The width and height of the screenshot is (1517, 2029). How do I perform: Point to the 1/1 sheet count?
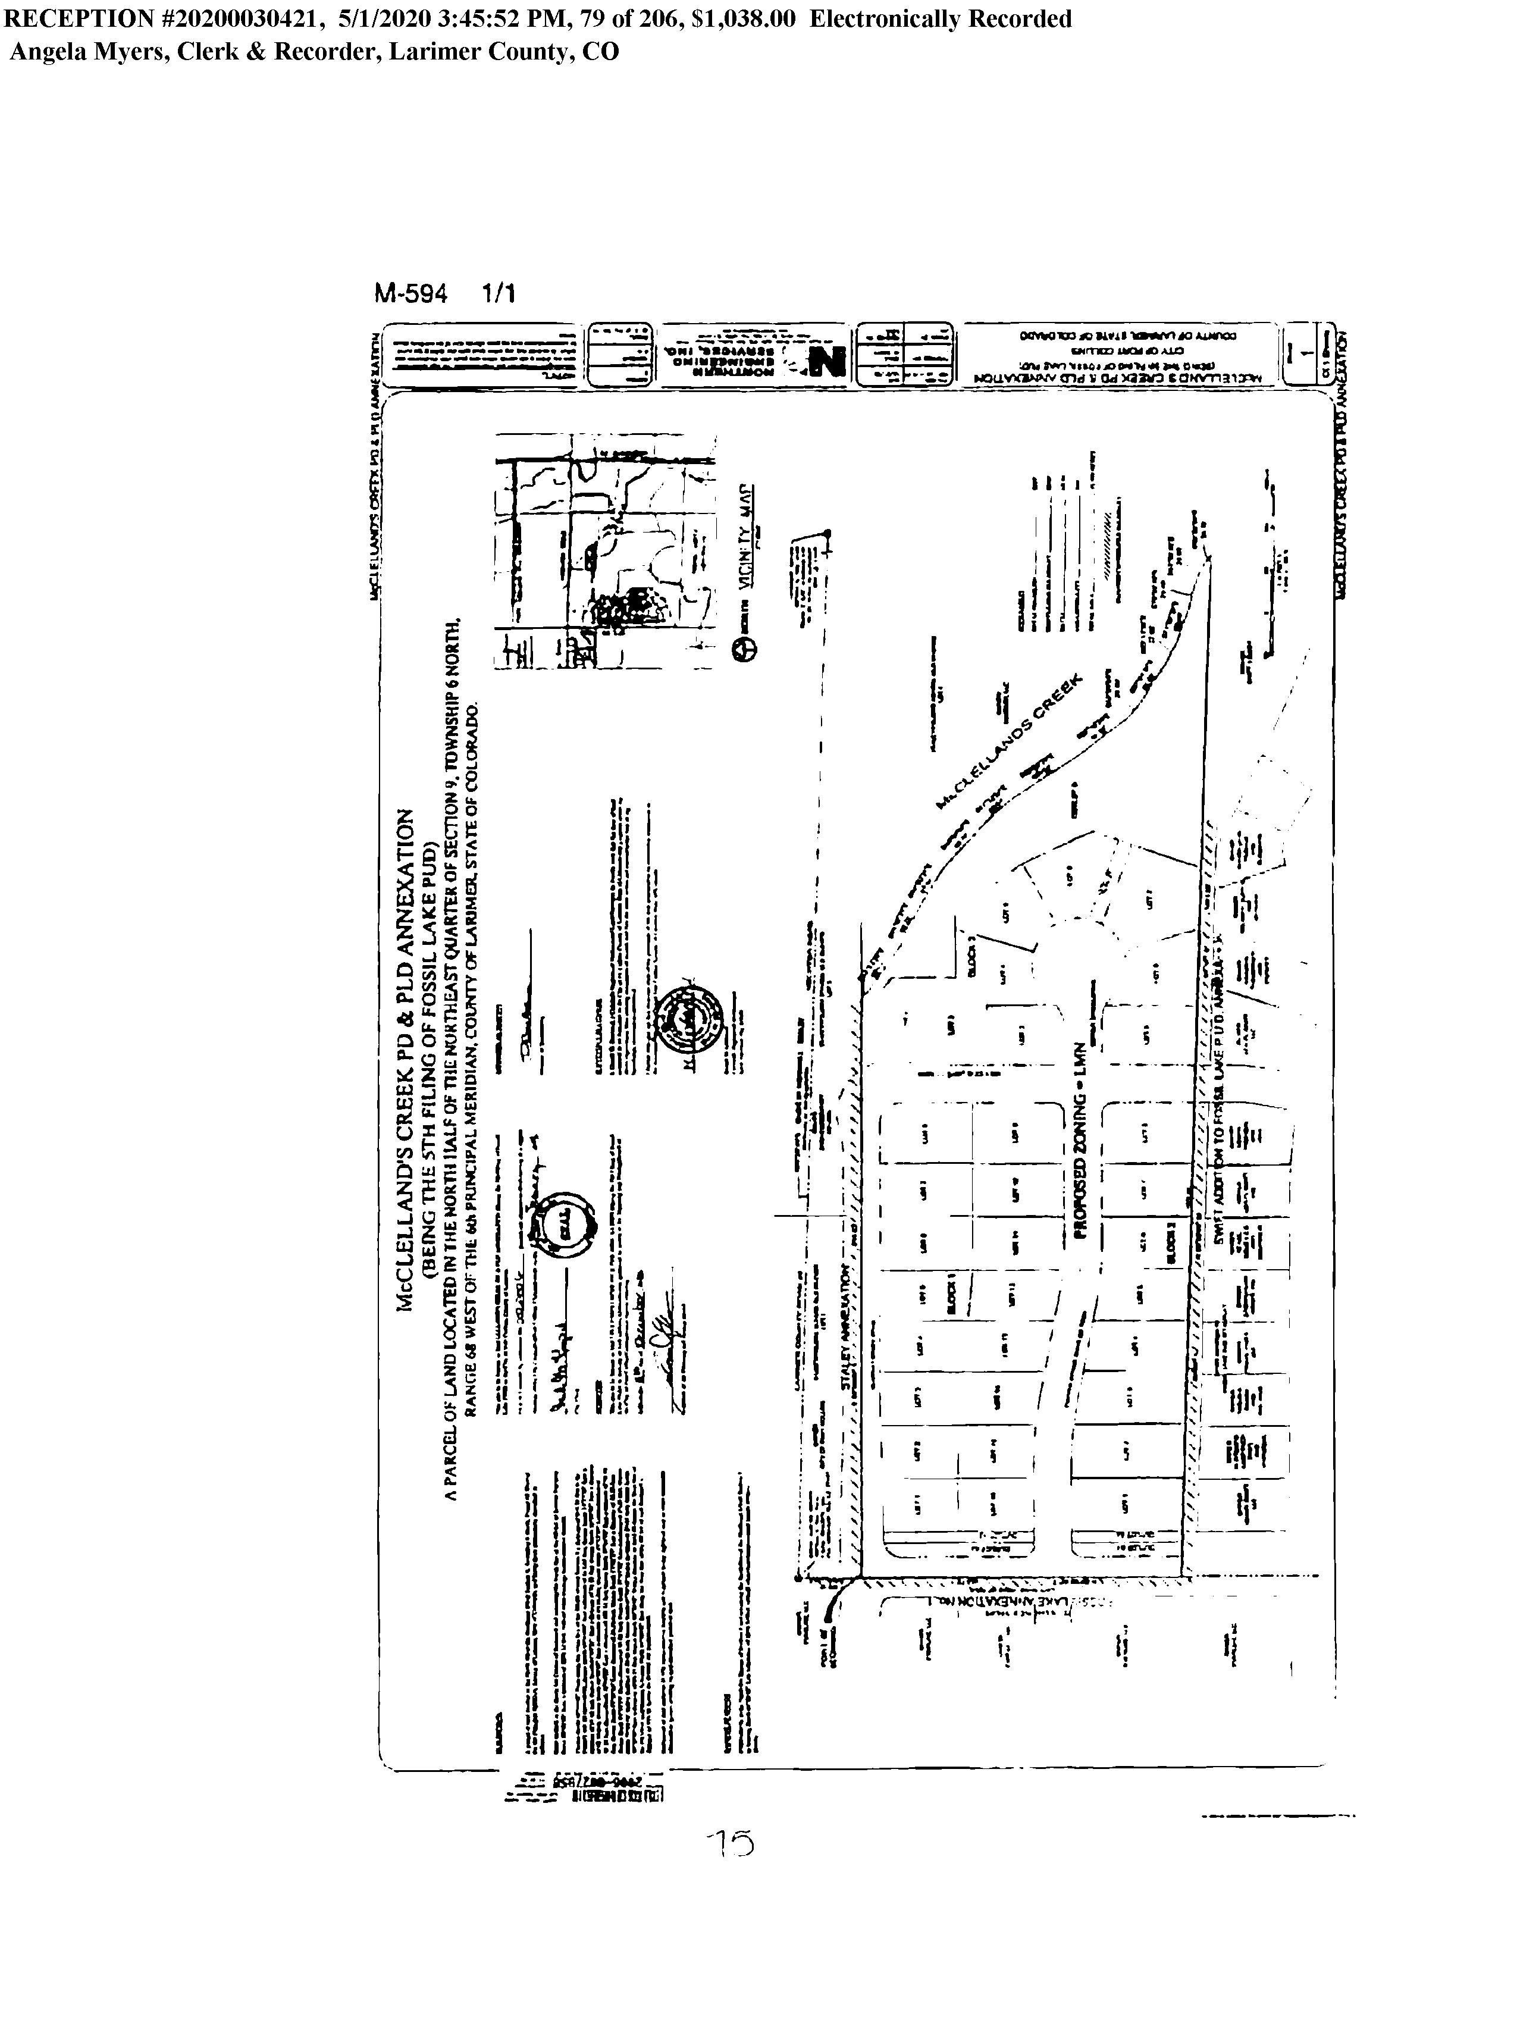pos(498,295)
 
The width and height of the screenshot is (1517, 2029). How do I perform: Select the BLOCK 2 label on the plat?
pos(1171,1243)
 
